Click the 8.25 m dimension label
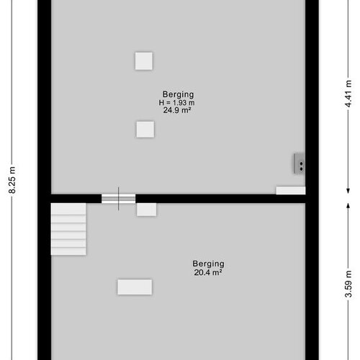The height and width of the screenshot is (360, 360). click(12, 180)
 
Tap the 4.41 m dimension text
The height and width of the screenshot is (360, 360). click(348, 94)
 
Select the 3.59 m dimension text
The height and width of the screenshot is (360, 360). click(348, 284)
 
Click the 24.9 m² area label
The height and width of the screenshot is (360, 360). click(177, 110)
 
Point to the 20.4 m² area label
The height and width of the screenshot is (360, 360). click(208, 272)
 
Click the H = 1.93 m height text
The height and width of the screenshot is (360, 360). click(176, 102)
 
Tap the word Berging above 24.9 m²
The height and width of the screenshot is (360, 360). click(178, 94)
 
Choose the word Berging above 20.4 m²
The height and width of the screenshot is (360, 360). click(208, 264)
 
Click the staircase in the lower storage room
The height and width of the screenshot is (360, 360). click(68, 229)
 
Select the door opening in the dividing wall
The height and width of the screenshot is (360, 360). click(118, 199)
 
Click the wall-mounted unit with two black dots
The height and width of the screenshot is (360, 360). click(300, 163)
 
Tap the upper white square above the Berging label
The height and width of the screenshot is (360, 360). click(144, 61)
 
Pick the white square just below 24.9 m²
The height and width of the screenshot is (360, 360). click(145, 130)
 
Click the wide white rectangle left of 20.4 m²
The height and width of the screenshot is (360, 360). click(135, 287)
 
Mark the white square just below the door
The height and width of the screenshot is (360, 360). click(147, 210)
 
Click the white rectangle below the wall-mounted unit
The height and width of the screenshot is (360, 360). click(291, 191)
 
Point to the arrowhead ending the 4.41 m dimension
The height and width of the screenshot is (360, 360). click(348, 191)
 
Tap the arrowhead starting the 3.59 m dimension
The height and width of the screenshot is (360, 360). click(348, 206)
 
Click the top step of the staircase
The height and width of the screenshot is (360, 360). click(68, 209)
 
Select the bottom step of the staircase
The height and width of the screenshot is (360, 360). click(68, 251)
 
